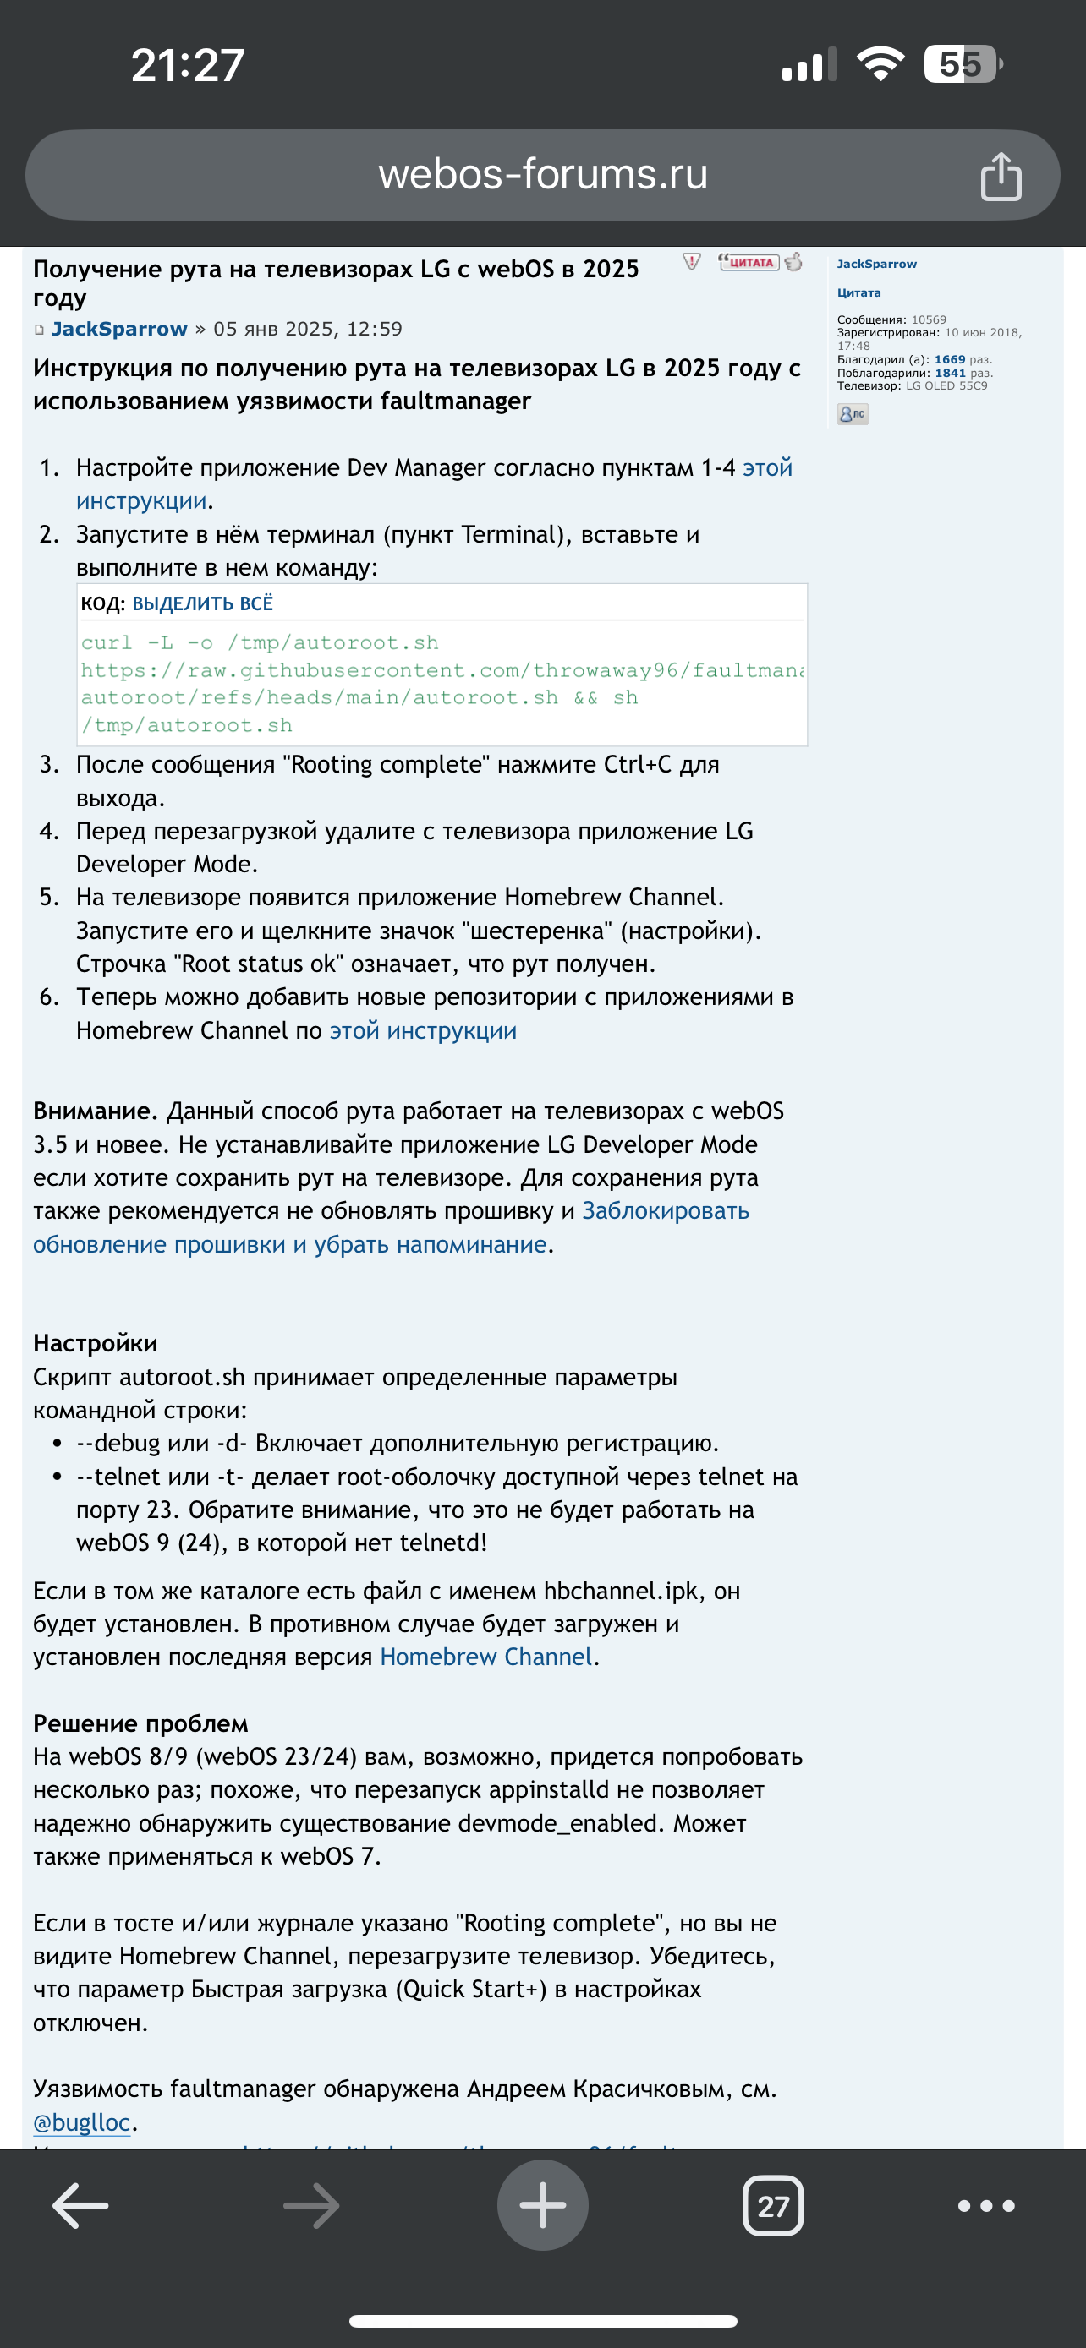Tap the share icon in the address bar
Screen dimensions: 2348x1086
pyautogui.click(x=1001, y=176)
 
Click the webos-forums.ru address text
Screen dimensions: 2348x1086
pyautogui.click(x=542, y=174)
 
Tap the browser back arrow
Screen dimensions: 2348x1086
pyautogui.click(x=80, y=2206)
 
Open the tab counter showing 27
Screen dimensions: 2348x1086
pyautogui.click(x=772, y=2206)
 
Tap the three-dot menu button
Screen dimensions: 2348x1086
pyautogui.click(x=985, y=2206)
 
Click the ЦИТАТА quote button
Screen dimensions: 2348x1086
pyautogui.click(x=749, y=263)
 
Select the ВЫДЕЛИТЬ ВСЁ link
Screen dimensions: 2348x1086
pyautogui.click(x=202, y=603)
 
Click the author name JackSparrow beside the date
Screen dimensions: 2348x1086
pyautogui.click(x=119, y=329)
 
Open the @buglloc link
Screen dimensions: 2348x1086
pyautogui.click(x=82, y=2122)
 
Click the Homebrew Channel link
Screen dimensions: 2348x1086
pyautogui.click(x=486, y=1657)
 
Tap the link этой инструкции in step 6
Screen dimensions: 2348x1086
pyautogui.click(x=423, y=1031)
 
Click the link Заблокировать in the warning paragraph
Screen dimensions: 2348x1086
pyautogui.click(x=666, y=1210)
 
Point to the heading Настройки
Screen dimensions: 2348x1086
pyautogui.click(x=95, y=1344)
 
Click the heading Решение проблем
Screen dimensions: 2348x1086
pyautogui.click(x=140, y=1723)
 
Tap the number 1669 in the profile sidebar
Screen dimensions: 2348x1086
pyautogui.click(x=949, y=360)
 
